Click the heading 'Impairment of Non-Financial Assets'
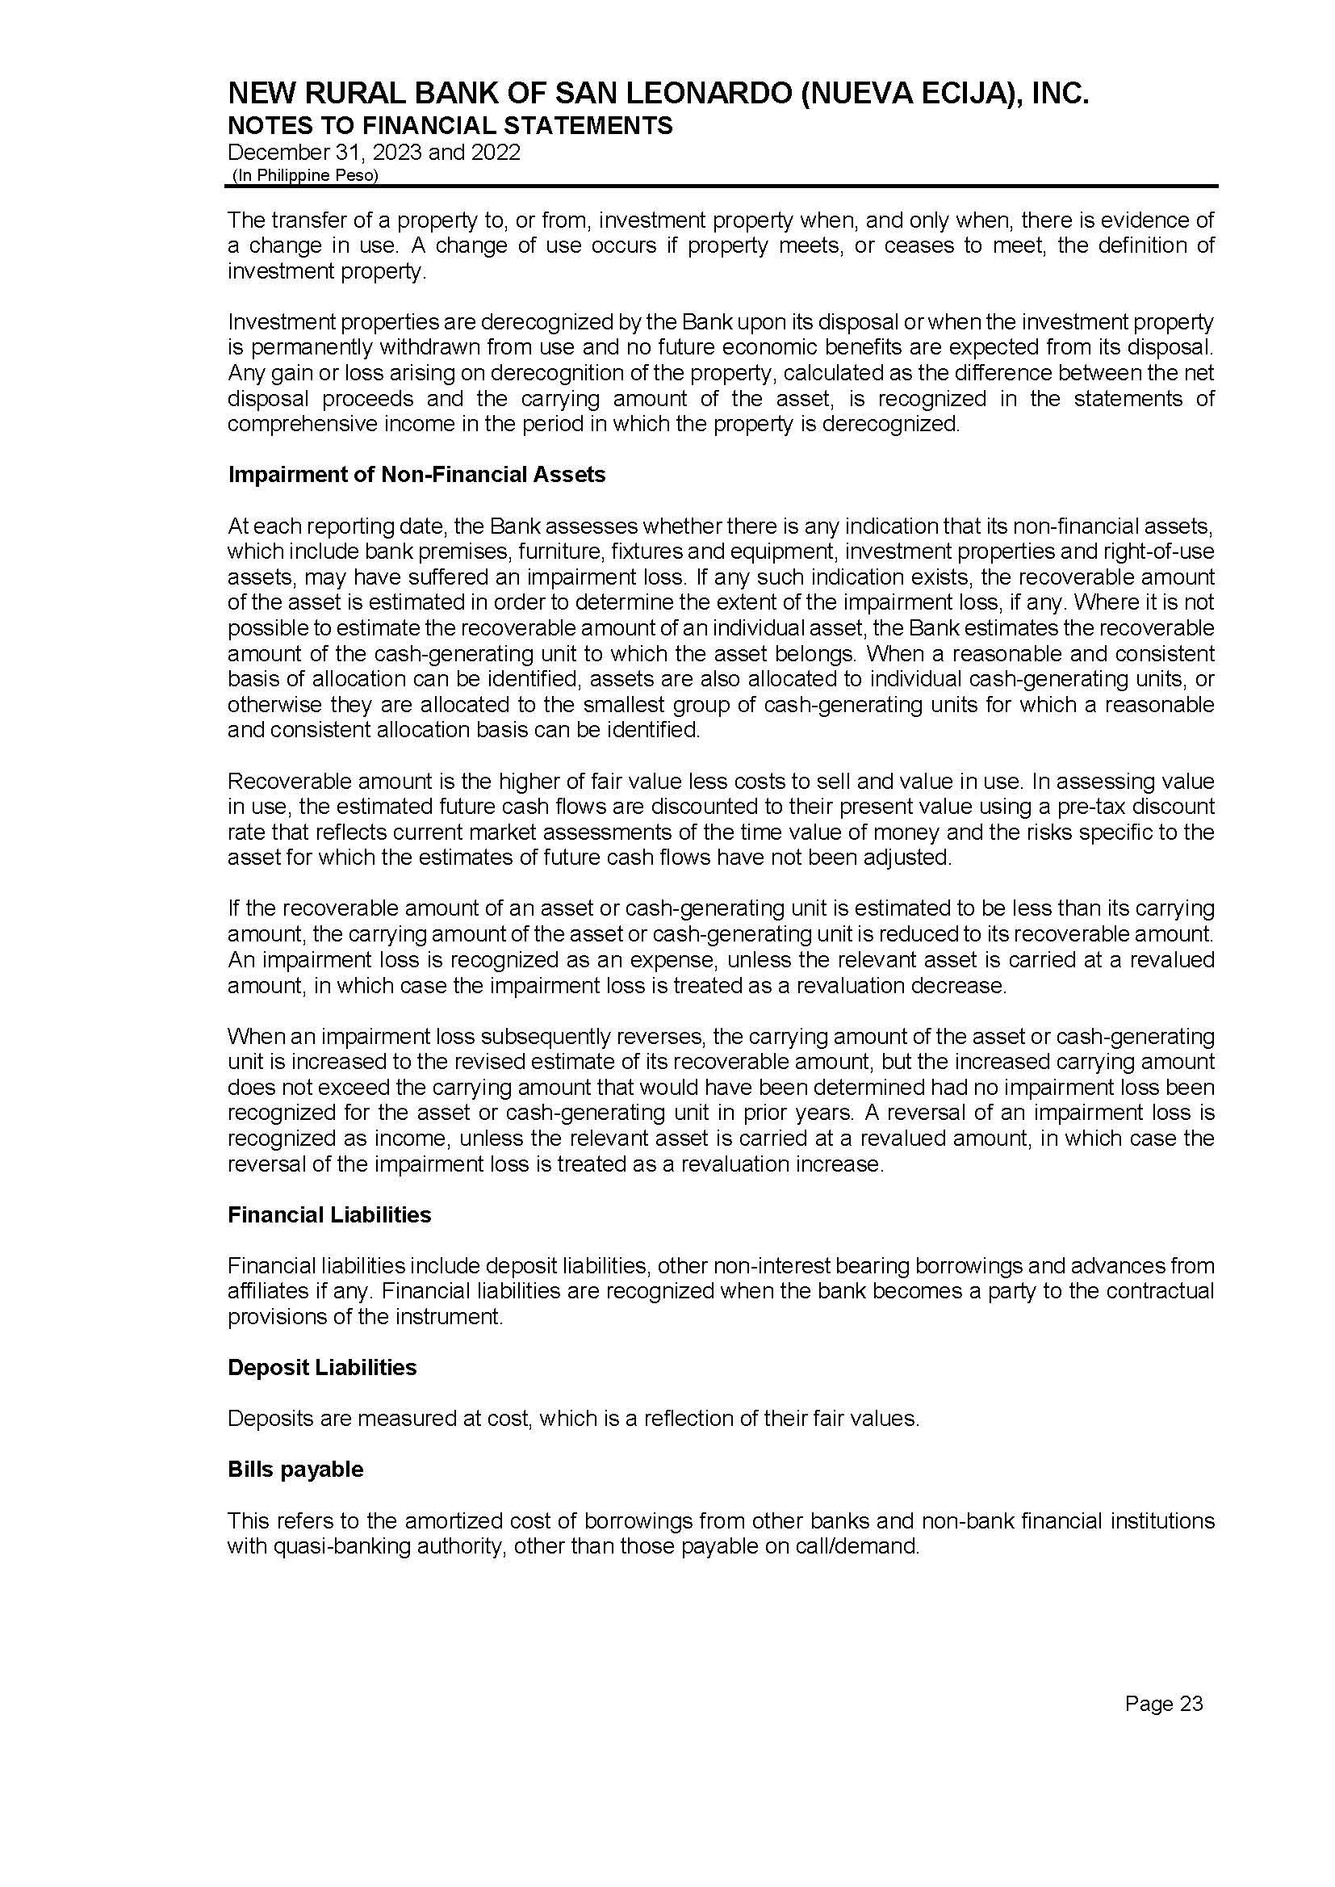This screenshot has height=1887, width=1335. pos(416,475)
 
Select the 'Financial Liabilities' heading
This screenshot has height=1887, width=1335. pos(329,1214)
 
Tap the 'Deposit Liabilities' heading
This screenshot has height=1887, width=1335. pos(322,1366)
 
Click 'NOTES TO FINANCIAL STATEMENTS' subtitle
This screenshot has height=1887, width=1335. pos(450,126)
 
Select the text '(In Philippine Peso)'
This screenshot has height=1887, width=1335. pos(305,175)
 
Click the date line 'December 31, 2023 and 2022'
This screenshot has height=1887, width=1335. pos(373,153)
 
